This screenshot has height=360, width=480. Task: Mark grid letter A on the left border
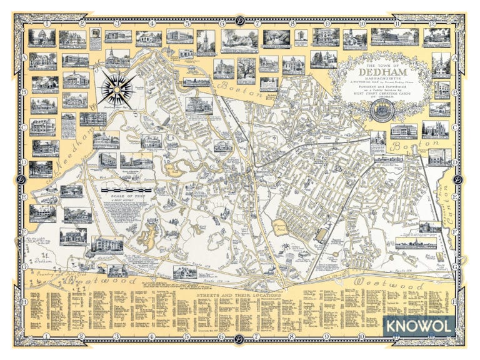[24, 56]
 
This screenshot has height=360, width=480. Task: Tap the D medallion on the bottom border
[239, 339]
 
